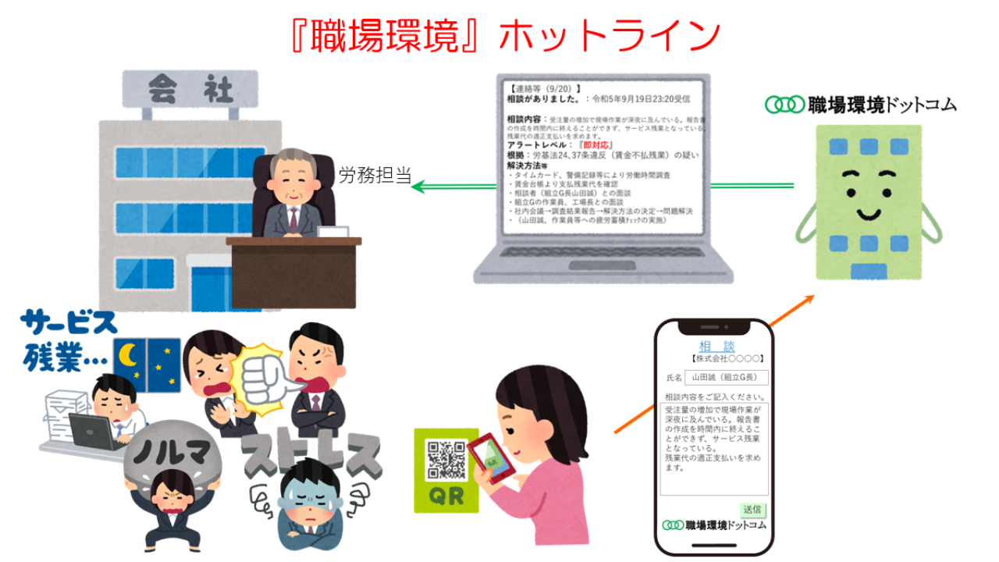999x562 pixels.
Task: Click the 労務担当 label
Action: [x=375, y=176]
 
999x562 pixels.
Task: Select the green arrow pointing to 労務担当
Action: [x=453, y=186]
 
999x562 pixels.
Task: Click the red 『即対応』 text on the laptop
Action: [x=596, y=146]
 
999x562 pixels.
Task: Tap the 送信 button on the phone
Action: [x=752, y=509]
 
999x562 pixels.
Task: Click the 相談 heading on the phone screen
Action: [x=716, y=346]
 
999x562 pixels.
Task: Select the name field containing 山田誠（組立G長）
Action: [x=726, y=378]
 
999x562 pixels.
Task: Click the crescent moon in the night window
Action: [x=129, y=357]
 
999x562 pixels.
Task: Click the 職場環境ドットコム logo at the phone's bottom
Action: [x=714, y=525]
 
